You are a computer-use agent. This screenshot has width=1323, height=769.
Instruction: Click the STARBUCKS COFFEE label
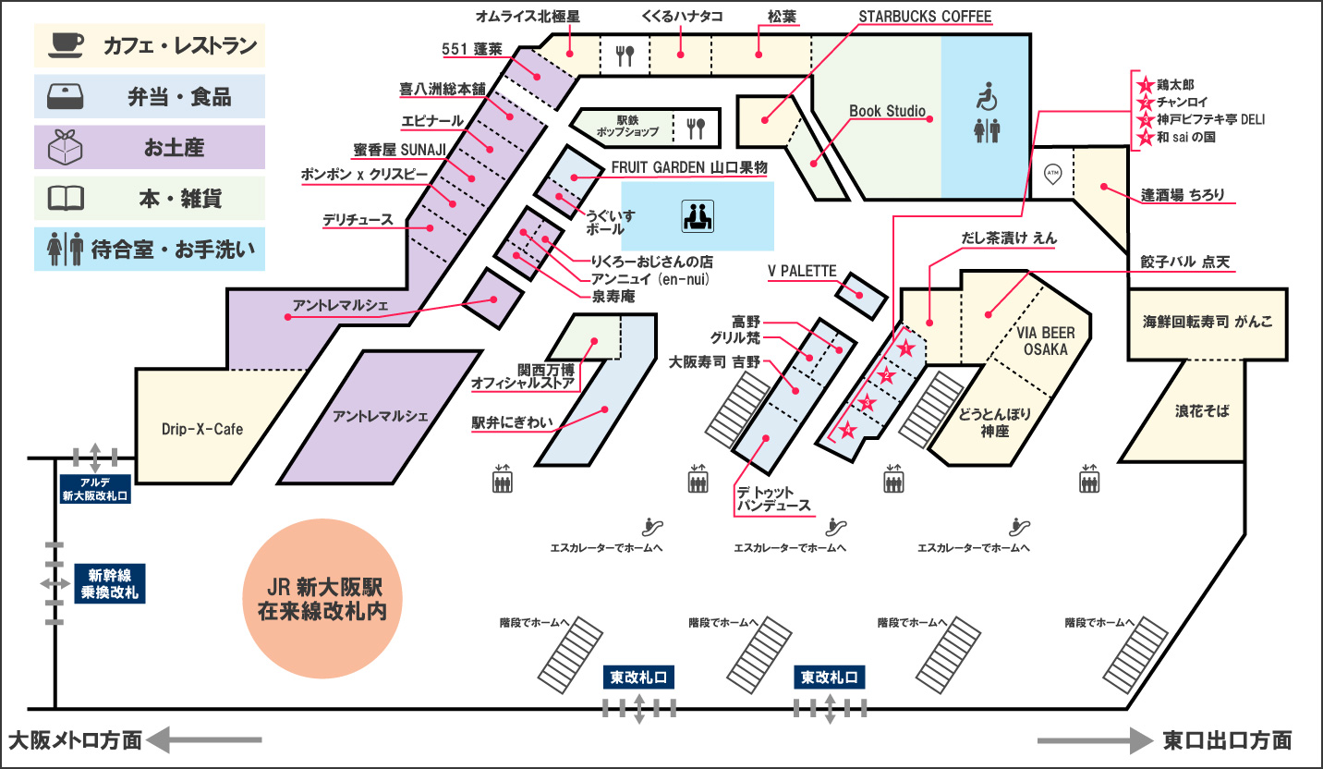coord(925,17)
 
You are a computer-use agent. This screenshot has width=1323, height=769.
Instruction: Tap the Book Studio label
coord(887,112)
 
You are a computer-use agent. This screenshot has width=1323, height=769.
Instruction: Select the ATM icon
coord(1051,172)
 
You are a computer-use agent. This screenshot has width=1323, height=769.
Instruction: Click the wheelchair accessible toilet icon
coord(987,95)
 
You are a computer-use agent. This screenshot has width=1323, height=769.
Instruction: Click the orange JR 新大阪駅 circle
coord(322,600)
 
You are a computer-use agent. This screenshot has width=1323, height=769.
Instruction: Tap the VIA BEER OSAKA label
coord(1044,341)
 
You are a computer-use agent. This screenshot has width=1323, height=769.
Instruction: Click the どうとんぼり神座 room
coord(995,422)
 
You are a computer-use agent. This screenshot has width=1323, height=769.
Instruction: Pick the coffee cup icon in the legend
coord(67,43)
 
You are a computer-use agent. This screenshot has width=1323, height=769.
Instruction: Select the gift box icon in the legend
coord(67,146)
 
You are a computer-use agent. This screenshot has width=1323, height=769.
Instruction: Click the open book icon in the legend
coord(67,197)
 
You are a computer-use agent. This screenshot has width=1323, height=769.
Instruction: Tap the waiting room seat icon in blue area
coord(697,216)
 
